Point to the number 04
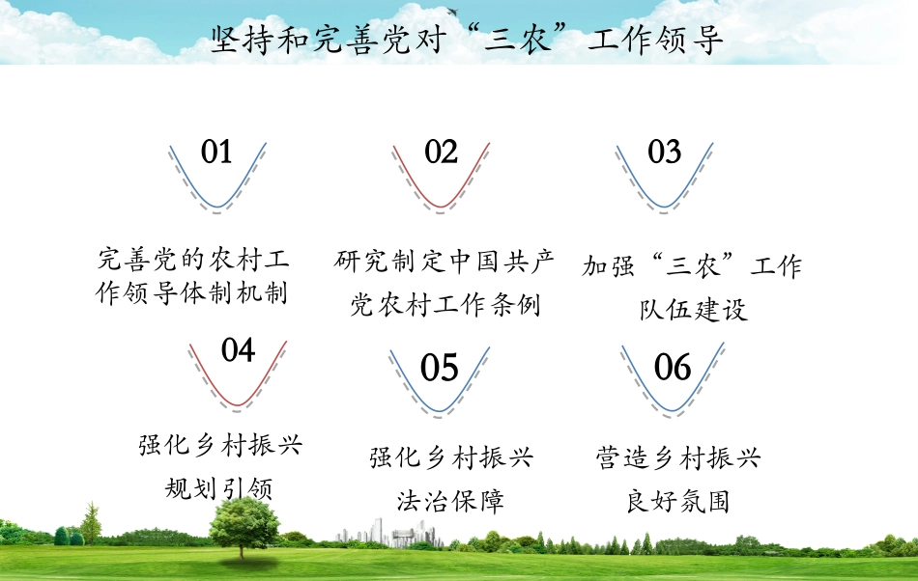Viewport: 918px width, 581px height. click(x=238, y=349)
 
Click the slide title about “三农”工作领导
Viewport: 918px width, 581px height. click(x=466, y=41)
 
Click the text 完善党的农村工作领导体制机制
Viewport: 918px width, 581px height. click(x=193, y=276)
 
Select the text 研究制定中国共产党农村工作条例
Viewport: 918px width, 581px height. click(x=445, y=282)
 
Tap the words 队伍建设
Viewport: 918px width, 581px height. click(x=694, y=310)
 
